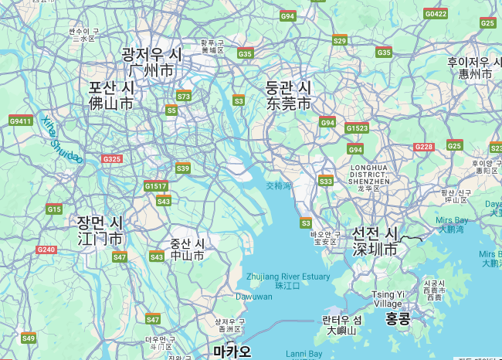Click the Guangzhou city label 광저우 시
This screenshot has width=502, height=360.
click(151, 55)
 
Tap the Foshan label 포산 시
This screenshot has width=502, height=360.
click(111, 87)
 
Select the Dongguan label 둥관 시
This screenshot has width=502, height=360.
click(288, 87)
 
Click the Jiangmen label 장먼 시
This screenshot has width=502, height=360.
click(100, 222)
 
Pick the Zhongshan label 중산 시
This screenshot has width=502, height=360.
click(188, 243)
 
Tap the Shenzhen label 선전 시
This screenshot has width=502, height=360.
click(375, 233)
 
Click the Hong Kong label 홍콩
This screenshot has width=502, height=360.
click(398, 318)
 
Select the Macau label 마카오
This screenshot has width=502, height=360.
click(232, 352)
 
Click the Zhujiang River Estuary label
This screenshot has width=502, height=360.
click(287, 276)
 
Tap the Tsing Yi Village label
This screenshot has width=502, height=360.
click(387, 299)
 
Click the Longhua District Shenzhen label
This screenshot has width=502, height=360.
click(375, 174)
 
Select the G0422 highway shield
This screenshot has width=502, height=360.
click(436, 14)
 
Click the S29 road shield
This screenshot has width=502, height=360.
click(340, 39)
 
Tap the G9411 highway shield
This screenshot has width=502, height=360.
click(20, 121)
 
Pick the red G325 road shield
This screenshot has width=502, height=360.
click(112, 159)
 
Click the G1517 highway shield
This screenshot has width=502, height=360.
click(155, 186)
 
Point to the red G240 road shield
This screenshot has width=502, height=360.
click(46, 250)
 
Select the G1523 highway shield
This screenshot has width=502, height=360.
click(357, 128)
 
